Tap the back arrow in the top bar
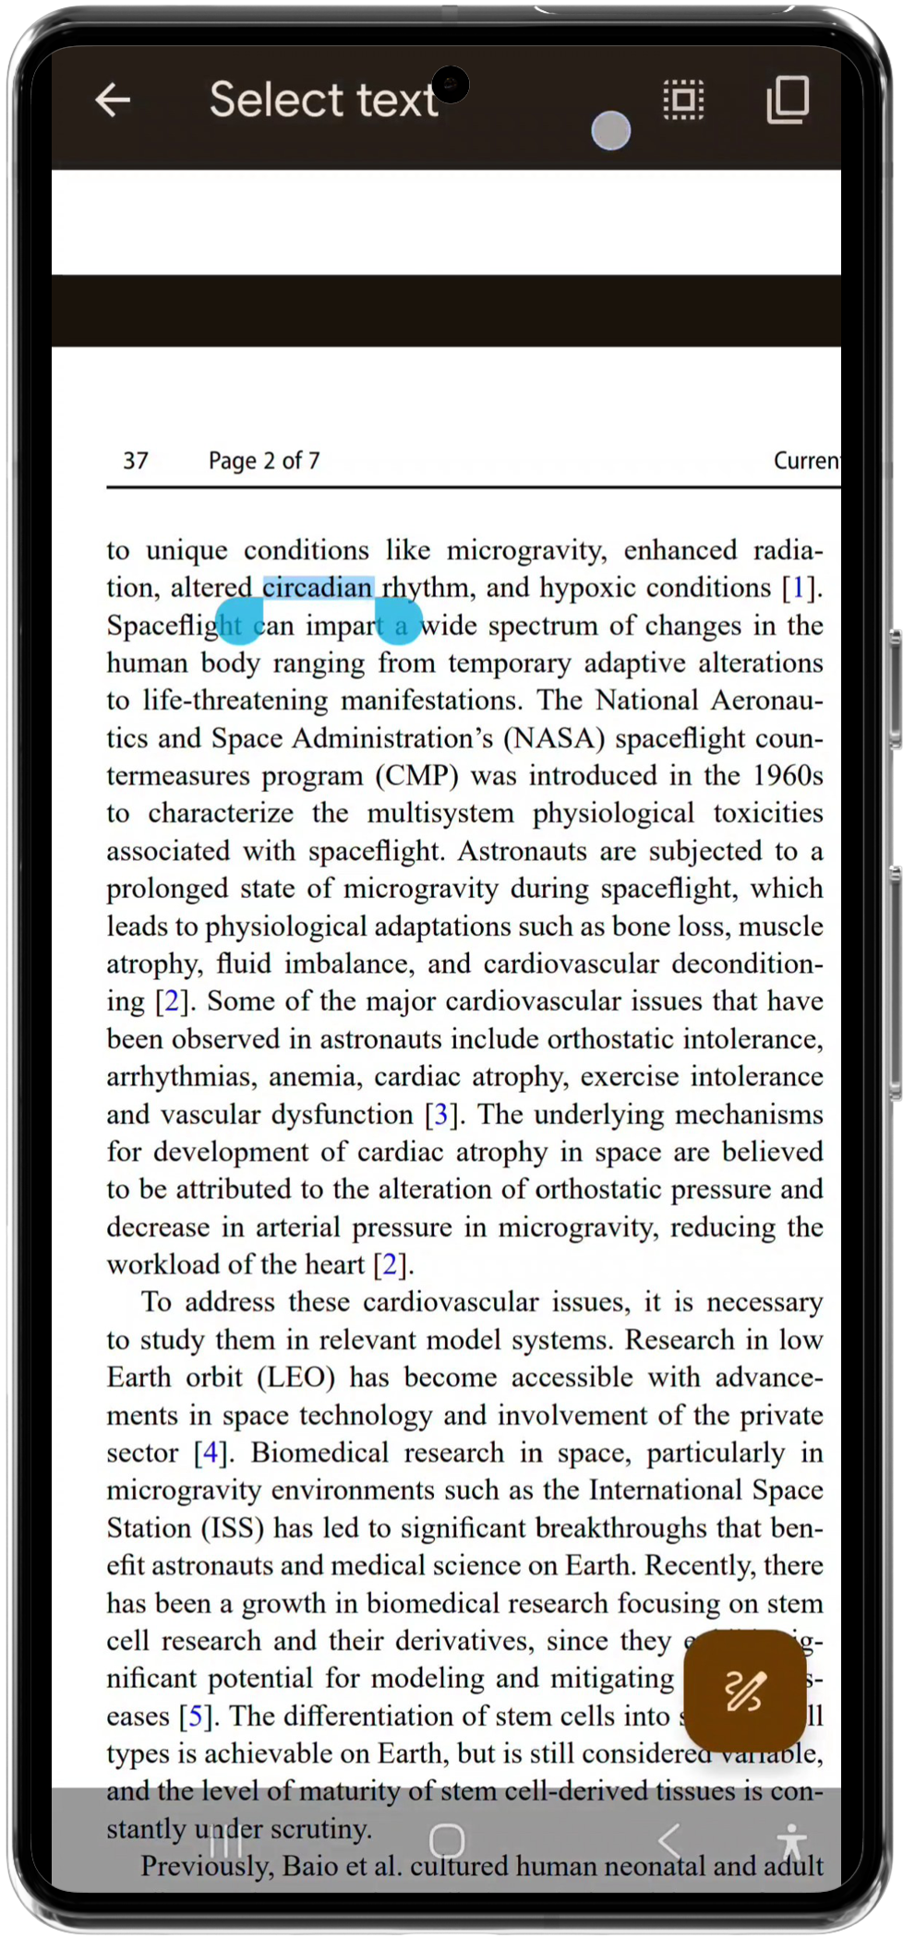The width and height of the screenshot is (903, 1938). tap(113, 100)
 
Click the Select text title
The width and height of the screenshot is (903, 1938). tap(323, 100)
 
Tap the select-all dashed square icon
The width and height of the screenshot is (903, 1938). tap(683, 100)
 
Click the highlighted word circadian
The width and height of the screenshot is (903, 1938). tap(318, 587)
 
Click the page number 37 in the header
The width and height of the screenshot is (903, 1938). tap(136, 461)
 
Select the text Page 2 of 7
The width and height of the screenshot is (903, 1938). tap(264, 461)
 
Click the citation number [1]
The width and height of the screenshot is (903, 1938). tap(799, 587)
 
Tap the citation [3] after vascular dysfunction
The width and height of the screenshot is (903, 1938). tap(441, 1114)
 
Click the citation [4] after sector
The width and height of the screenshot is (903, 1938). tap(211, 1453)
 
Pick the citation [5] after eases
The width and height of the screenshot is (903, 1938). tap(196, 1716)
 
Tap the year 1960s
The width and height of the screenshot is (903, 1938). tap(787, 775)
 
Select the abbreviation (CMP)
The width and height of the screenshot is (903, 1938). tap(416, 775)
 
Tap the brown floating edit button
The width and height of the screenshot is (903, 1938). tap(744, 1691)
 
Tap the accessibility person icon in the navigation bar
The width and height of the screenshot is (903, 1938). tap(791, 1842)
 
